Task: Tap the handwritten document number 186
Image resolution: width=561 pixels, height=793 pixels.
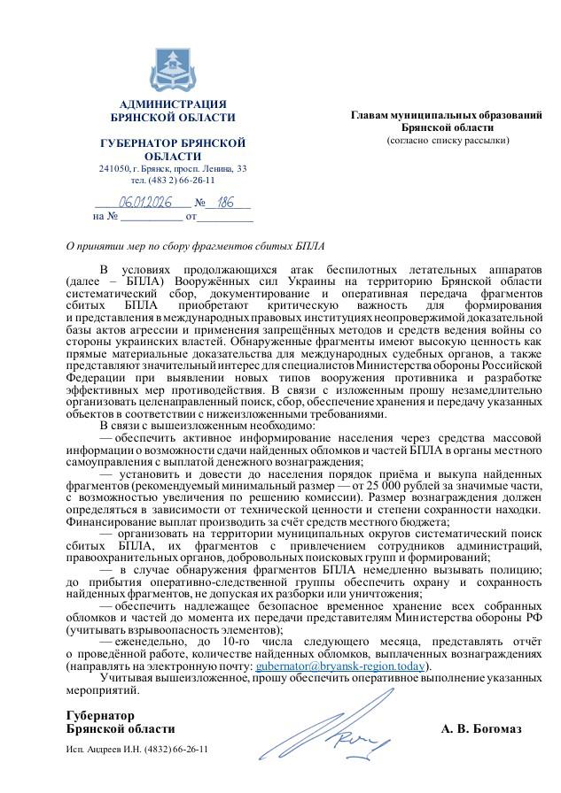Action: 225,202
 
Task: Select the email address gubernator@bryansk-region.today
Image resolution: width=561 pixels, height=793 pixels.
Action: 340,665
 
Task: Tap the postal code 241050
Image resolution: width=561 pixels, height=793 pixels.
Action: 113,168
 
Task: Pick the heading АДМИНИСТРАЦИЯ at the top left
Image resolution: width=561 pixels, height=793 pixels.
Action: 172,104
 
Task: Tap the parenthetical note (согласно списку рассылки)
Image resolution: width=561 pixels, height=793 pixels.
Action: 447,140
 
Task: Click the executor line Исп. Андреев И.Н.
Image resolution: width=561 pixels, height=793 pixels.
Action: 137,749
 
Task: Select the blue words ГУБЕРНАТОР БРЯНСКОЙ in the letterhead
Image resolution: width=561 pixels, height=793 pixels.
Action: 172,143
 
